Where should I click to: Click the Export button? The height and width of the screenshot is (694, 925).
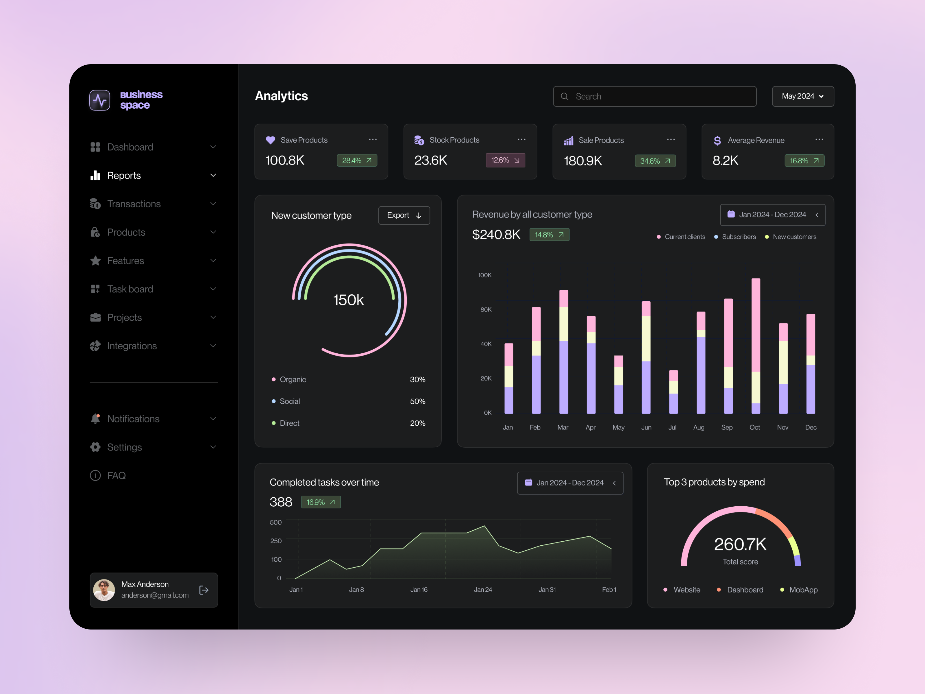tap(404, 215)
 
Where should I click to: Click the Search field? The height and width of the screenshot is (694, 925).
tap(654, 97)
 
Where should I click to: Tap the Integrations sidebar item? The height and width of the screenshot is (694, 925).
tap(132, 346)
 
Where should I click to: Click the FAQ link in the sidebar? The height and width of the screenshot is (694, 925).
tap(116, 476)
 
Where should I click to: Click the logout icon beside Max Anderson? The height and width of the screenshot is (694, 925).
tap(204, 590)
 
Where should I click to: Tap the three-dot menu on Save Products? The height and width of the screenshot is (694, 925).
tap(373, 139)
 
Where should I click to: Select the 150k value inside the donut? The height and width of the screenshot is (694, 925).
tap(348, 300)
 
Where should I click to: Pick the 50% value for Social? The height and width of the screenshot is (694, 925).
tap(417, 401)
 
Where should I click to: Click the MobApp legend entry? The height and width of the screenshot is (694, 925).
tap(803, 590)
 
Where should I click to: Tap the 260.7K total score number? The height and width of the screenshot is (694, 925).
tap(740, 544)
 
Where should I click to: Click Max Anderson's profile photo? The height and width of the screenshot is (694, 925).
tap(104, 590)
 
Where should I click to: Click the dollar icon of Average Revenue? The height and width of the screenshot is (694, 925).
tap(717, 141)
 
